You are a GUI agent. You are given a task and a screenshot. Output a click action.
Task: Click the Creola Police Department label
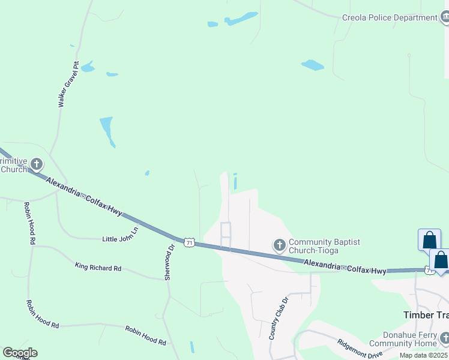[x=390, y=18]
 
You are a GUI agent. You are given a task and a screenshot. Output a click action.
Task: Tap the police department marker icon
[x=445, y=18]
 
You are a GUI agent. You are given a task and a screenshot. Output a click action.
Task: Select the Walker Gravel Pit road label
[x=68, y=84]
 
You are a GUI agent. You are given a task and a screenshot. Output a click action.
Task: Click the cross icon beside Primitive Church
[x=37, y=164]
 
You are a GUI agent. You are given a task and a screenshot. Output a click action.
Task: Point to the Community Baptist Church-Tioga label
[x=324, y=246]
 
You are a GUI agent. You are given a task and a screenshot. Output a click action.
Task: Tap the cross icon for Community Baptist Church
[x=279, y=245]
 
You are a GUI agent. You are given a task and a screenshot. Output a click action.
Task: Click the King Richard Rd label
[x=98, y=266]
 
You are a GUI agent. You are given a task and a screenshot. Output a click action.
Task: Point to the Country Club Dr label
[x=279, y=317]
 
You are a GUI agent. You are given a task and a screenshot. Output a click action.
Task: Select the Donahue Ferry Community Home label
[x=403, y=339]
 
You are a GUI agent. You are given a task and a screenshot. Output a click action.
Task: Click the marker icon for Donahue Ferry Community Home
[x=444, y=338]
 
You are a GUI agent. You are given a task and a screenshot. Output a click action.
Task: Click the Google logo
[x=20, y=353]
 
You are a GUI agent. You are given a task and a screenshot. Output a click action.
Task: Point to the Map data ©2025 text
[x=424, y=356]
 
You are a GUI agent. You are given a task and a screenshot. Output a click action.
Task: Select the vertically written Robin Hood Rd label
[x=29, y=223]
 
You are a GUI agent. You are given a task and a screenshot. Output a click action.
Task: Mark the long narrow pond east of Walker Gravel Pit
[x=107, y=131]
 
